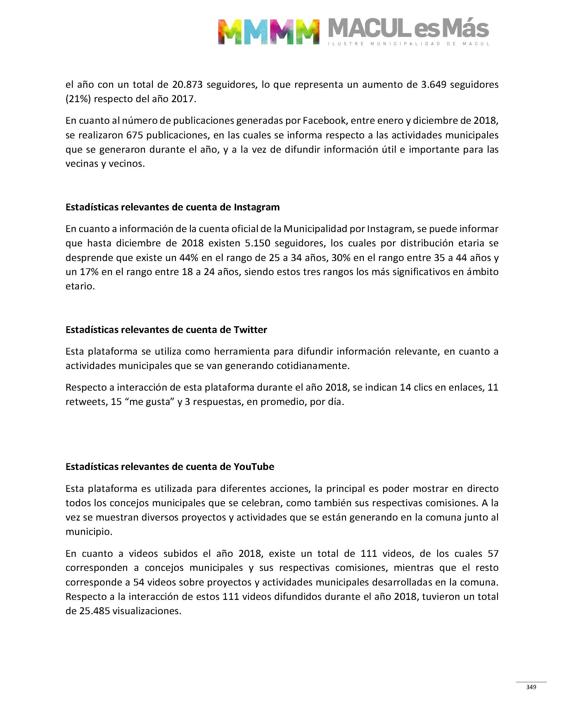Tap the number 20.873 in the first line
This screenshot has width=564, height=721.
pyautogui.click(x=187, y=85)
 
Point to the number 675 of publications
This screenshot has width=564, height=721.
pyautogui.click(x=134, y=135)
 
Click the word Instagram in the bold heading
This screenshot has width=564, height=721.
pyautogui.click(x=257, y=207)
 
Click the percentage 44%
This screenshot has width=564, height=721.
pyautogui.click(x=188, y=257)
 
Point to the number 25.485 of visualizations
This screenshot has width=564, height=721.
pyautogui.click(x=94, y=611)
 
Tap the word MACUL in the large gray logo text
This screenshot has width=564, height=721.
pyautogui.click(x=368, y=28)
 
